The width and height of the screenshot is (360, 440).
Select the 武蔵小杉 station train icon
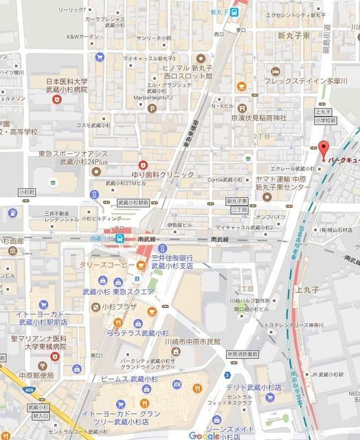(x=120, y=239)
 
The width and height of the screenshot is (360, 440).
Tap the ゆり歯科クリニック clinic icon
(x=143, y=164)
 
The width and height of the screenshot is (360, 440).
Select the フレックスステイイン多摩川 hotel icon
(x=275, y=71)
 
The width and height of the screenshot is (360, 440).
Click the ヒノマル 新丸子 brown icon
(x=200, y=58)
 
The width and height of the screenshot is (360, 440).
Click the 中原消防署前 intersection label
(x=239, y=355)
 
